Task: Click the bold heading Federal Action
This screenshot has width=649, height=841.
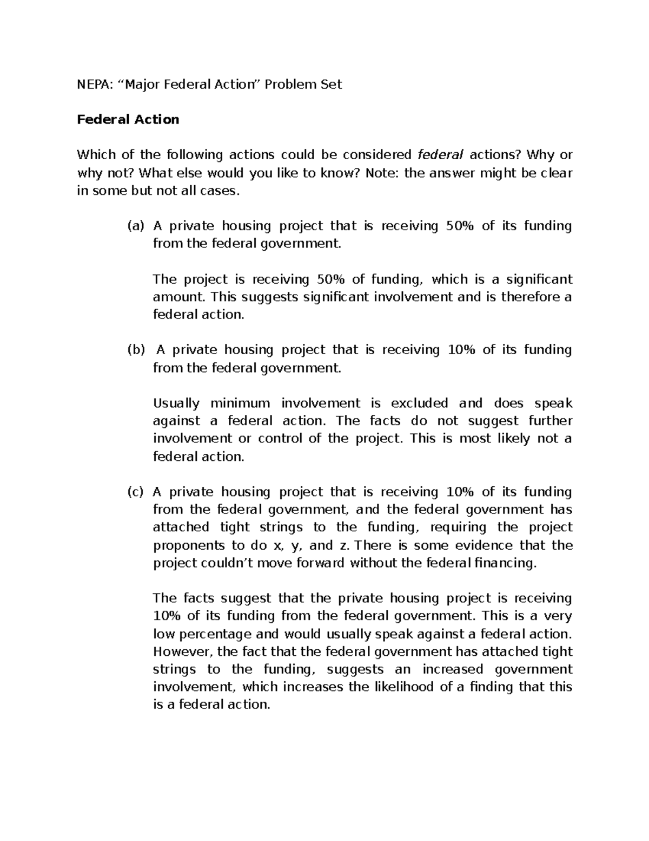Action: [x=128, y=120]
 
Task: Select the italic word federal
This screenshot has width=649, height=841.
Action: [x=440, y=155]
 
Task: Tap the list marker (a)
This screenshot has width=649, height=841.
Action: [x=136, y=226]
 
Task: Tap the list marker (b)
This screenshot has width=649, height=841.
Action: [x=136, y=350]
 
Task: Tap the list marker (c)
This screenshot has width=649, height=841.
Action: [x=136, y=492]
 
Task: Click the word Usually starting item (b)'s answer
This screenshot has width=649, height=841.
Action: [x=176, y=403]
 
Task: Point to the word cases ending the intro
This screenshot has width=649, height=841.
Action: [x=219, y=191]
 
